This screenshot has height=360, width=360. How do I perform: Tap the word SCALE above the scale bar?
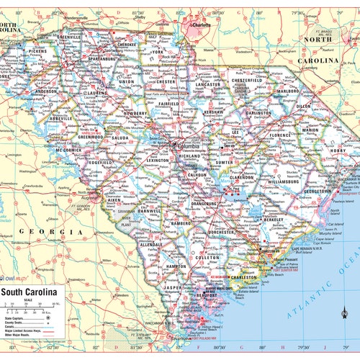pyautogui.click(x=26, y=300)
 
